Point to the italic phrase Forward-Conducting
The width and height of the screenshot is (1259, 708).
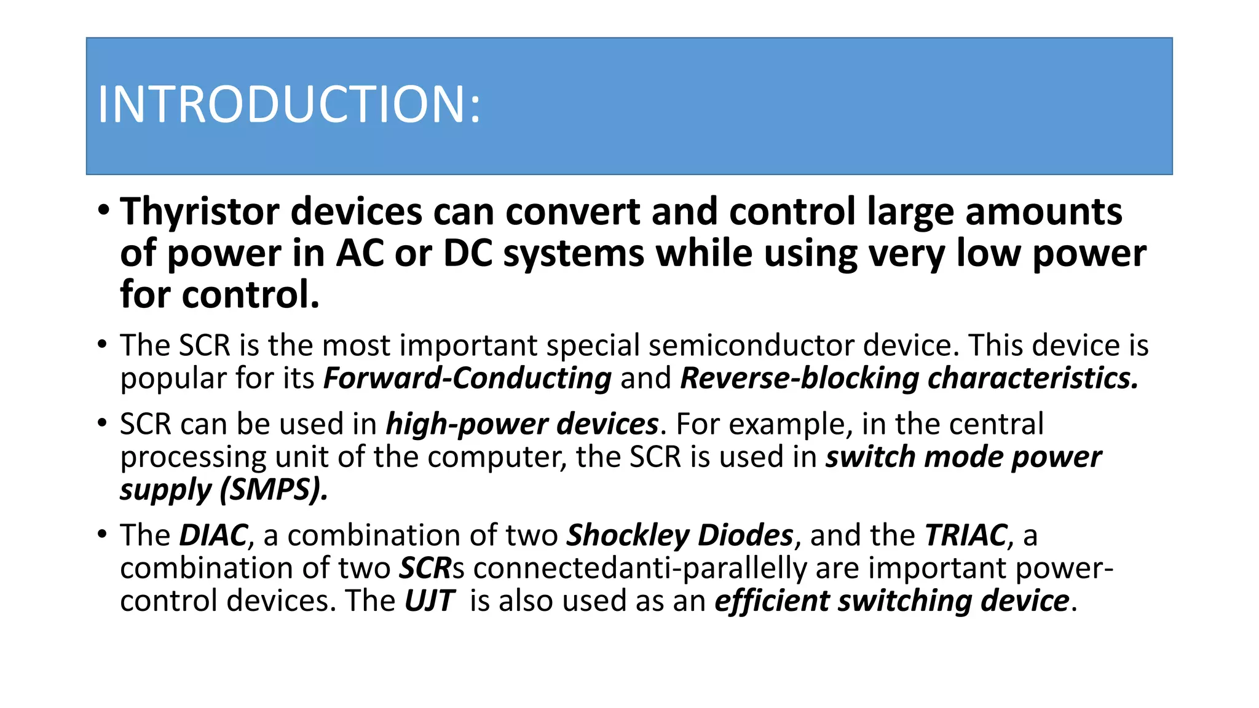pyautogui.click(x=467, y=378)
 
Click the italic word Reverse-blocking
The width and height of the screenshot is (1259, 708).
pyautogui.click(x=799, y=378)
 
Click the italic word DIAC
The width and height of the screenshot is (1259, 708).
pyautogui.click(x=213, y=535)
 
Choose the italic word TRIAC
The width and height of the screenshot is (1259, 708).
pyautogui.click(x=966, y=535)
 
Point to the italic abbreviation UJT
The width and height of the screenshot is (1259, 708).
pyautogui.click(x=429, y=600)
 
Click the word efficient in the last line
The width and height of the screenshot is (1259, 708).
pyautogui.click(x=772, y=600)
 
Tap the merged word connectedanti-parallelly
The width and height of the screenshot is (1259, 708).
pyautogui.click(x=640, y=568)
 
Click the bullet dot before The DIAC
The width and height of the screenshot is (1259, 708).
pyautogui.click(x=103, y=534)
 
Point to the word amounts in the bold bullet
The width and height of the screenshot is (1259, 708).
pyautogui.click(x=1043, y=213)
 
